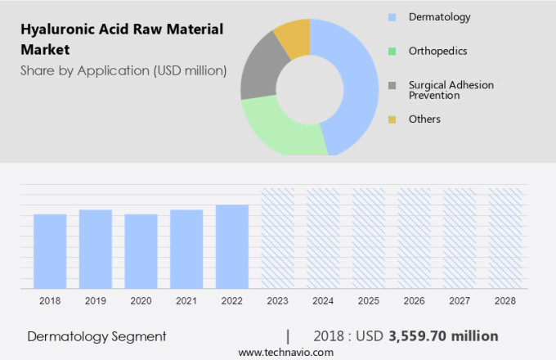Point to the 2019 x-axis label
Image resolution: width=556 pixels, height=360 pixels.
[95, 301]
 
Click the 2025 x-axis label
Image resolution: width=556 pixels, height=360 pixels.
[368, 301]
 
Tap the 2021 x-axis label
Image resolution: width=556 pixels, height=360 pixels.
[186, 301]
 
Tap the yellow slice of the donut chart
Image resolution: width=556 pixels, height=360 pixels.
[293, 37]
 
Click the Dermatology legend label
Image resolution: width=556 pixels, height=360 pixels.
[439, 16]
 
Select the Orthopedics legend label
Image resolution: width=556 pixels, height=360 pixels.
[438, 51]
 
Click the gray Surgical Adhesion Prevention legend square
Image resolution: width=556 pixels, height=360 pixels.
[392, 86]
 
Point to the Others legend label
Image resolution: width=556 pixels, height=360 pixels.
[424, 119]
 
